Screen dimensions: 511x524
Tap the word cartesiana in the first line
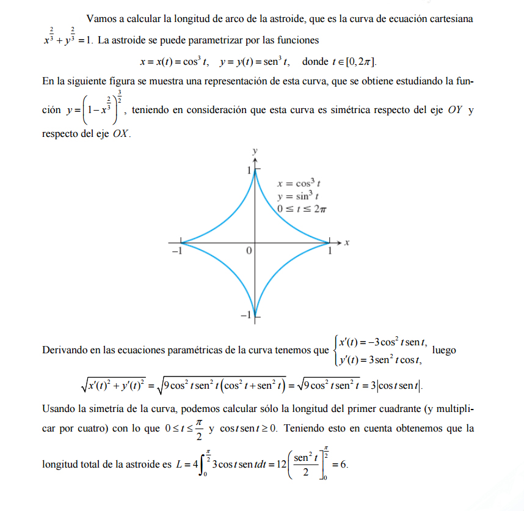pos(451,19)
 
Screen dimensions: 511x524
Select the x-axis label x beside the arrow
pos(346,243)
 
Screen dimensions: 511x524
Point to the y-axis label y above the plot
pos(255,150)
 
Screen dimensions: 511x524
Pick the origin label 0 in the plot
pos(249,251)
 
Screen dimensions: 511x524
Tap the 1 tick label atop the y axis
pos(249,170)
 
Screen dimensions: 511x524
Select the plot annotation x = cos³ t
pos(299,183)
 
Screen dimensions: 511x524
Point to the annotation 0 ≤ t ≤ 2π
pos(302,209)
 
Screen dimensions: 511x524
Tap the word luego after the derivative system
pos(445,350)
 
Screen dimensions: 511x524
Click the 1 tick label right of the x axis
pos(330,251)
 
